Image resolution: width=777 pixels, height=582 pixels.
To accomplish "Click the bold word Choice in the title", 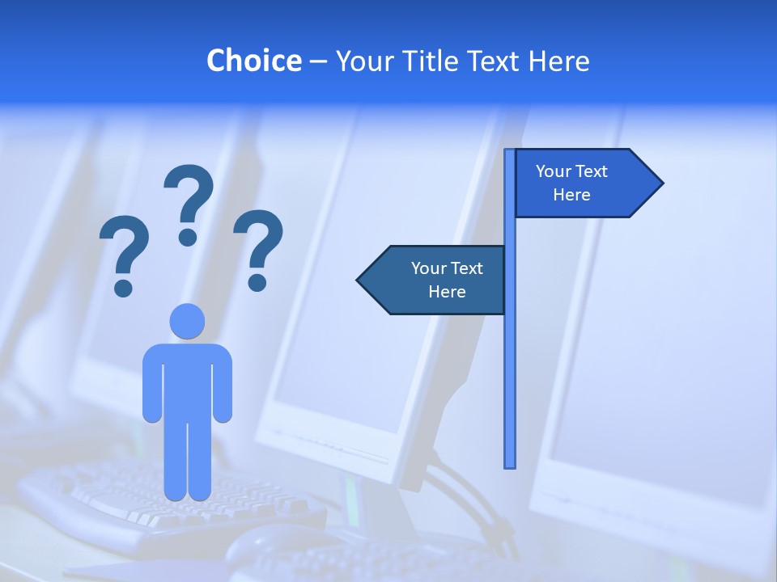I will [253, 61].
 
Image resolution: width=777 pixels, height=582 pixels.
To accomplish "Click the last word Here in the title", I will [558, 61].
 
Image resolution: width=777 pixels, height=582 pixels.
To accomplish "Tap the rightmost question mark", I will [258, 249].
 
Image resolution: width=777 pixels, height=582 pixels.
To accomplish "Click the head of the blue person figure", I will [187, 321].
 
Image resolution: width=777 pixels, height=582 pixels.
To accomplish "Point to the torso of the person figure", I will [187, 380].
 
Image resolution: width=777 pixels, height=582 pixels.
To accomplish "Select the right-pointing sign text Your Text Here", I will [571, 183].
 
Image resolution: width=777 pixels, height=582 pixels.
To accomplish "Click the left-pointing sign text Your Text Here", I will [447, 280].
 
